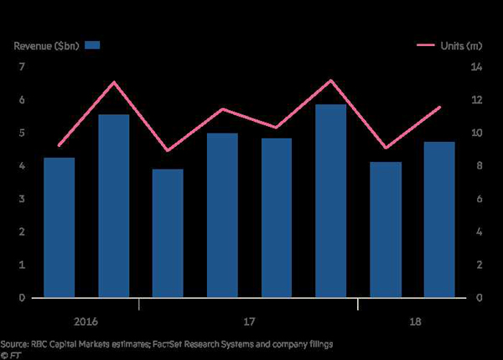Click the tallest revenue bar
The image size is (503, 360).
331,201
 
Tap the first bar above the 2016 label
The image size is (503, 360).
60,227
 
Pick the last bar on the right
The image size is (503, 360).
439,220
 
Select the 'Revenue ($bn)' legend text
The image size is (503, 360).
45,44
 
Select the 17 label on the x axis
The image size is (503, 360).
250,322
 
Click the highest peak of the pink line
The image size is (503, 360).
331,80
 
